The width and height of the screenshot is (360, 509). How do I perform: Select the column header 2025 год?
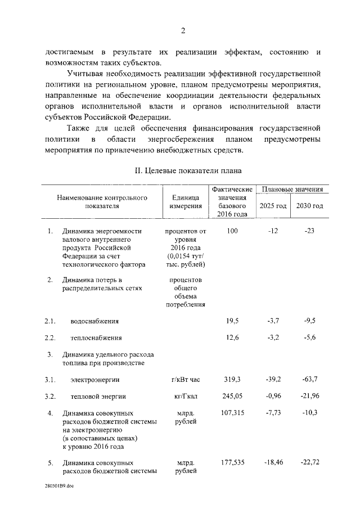click(x=273, y=206)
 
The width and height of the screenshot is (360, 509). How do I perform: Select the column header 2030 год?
click(x=309, y=206)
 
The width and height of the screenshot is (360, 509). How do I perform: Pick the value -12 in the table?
click(x=273, y=231)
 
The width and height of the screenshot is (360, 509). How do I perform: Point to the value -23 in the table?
click(x=309, y=231)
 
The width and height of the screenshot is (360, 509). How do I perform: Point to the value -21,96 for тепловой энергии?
click(x=309, y=396)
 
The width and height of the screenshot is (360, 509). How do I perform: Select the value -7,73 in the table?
click(x=273, y=413)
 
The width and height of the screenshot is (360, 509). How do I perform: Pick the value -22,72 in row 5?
click(x=309, y=462)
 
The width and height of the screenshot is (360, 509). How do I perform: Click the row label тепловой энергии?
click(x=94, y=397)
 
